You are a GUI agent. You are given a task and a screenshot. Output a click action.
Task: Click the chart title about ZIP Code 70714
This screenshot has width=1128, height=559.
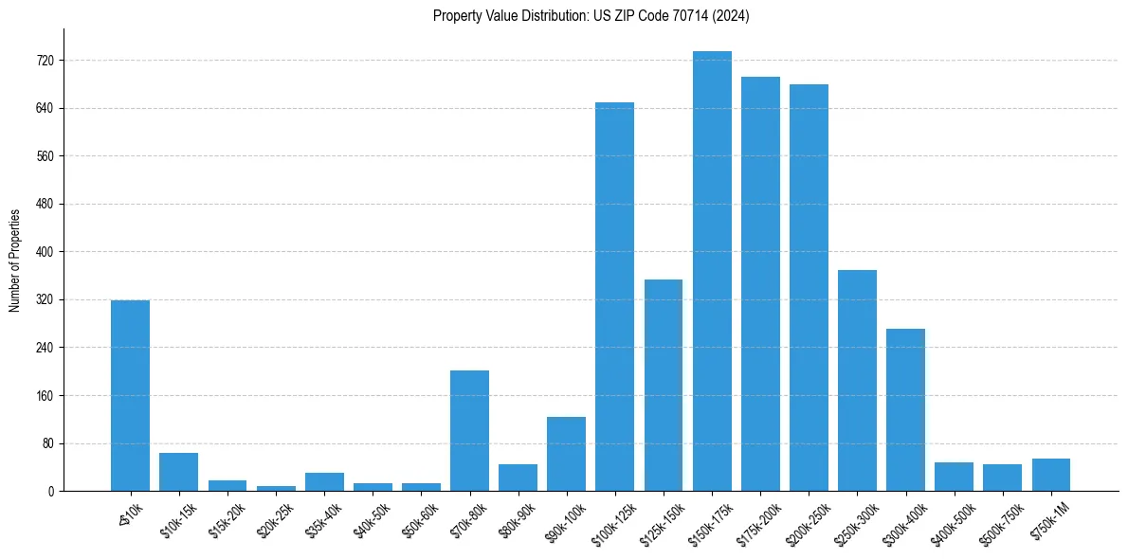(591, 15)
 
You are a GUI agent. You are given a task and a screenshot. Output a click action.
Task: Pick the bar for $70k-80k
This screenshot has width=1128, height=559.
(469, 430)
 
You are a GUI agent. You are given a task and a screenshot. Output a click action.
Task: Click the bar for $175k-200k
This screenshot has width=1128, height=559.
(760, 284)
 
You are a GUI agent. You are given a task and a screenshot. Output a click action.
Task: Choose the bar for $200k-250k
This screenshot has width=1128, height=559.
(809, 288)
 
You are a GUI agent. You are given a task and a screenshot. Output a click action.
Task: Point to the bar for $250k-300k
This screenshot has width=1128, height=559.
(857, 380)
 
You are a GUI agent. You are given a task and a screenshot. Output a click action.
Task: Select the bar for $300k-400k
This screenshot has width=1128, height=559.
(905, 409)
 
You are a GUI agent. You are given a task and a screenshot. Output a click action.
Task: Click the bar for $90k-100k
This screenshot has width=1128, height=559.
(566, 454)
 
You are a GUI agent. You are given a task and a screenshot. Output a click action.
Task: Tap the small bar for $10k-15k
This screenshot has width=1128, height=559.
(178, 472)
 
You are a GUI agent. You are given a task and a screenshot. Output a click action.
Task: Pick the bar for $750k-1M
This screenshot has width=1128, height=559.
(1050, 475)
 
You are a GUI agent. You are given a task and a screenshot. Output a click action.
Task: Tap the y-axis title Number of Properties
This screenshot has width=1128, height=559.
(15, 261)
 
